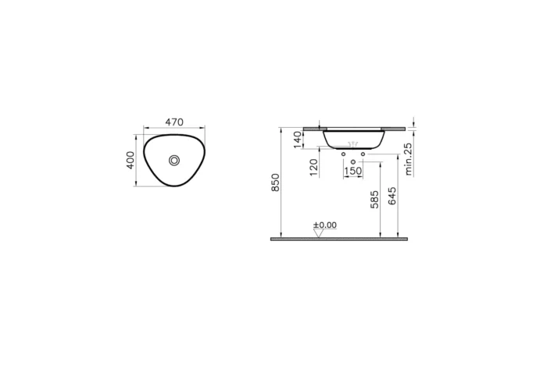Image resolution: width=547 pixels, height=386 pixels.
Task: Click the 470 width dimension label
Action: tap(173, 122)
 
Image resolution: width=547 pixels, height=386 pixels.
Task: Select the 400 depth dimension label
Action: tap(130, 160)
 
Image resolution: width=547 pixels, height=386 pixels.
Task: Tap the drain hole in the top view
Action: tap(174, 160)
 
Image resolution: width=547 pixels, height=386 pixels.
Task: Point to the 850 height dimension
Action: tap(274, 182)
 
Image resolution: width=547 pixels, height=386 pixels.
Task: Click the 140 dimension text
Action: tap(297, 139)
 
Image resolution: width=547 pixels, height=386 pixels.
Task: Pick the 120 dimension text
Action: tap(314, 166)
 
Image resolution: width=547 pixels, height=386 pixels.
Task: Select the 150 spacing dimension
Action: tap(353, 171)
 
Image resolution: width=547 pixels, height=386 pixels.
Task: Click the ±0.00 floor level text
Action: tap(324, 225)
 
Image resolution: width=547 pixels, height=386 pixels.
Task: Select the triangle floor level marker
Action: tap(318, 233)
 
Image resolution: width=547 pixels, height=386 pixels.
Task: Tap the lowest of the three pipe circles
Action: tap(353, 161)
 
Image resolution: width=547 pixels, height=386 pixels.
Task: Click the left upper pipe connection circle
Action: tap(344, 154)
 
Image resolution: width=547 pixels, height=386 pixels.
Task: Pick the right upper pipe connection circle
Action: tap(363, 154)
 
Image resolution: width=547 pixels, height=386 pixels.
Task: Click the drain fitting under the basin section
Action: tap(353, 145)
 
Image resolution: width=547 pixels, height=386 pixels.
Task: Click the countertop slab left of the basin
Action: tap(311, 127)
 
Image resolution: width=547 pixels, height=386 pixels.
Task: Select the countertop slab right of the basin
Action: tap(397, 127)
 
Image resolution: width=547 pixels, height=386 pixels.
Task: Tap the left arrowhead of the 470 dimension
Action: tap(145, 127)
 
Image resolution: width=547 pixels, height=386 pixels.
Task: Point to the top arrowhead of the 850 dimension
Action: tap(280, 128)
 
